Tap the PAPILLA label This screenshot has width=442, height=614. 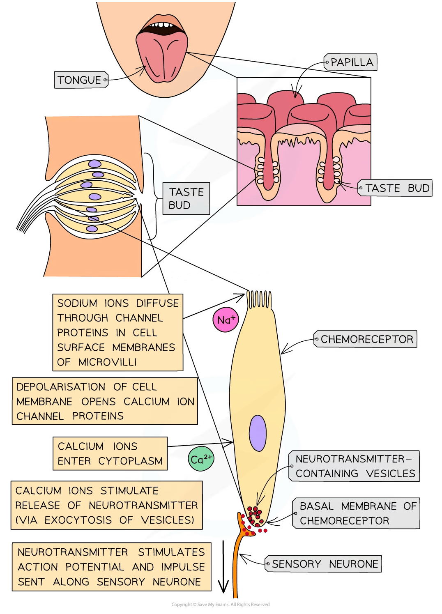click(x=352, y=62)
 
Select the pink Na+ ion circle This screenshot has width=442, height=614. click(x=226, y=320)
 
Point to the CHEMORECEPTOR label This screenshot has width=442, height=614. click(x=366, y=339)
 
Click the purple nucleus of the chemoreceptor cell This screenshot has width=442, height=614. click(x=258, y=433)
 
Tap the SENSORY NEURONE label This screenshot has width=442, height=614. click(x=325, y=564)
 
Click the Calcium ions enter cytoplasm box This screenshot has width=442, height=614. click(x=110, y=454)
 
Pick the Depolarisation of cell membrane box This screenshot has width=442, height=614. click(x=105, y=401)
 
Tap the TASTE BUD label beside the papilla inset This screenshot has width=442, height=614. click(x=397, y=188)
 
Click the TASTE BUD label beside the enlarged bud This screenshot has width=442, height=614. click(x=186, y=198)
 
